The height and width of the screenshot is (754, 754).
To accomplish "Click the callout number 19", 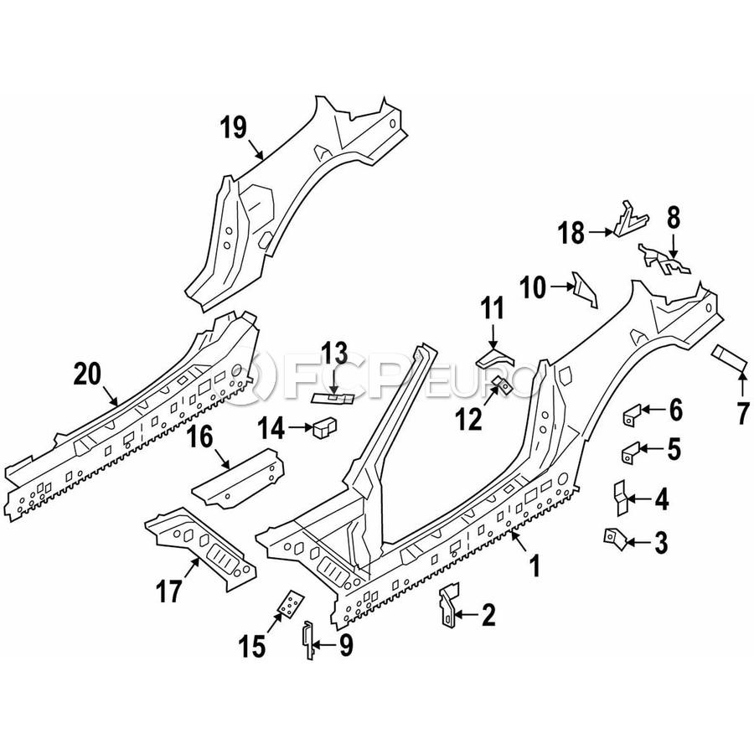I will [234, 128].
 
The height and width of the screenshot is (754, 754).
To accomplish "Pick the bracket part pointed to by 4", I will [621, 498].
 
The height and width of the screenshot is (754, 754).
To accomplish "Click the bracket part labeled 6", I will [633, 413].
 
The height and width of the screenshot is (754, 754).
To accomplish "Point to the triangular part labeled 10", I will [584, 289].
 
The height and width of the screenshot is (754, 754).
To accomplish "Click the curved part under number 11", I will [495, 359].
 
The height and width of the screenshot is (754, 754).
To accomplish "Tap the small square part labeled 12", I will [504, 386].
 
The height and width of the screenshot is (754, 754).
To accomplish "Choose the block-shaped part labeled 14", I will [323, 429].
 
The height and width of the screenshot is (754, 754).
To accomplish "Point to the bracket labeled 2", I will [448, 603].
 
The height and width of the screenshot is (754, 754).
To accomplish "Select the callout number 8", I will [673, 217].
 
